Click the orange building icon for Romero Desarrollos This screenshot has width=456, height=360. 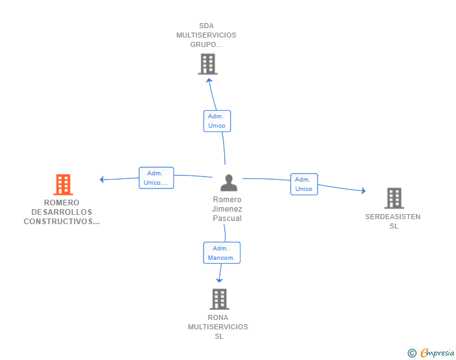[63, 185]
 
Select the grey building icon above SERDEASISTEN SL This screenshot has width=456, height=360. [393, 198]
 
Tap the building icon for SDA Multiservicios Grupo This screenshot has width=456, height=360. [207, 64]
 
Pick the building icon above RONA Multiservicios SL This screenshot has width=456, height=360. [219, 299]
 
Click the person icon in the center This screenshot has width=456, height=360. [229, 183]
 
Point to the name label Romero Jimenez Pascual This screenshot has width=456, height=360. [227, 209]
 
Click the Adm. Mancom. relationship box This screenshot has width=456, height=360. [221, 252]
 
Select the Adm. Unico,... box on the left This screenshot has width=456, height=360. [156, 178]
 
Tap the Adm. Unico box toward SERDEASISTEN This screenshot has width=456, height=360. [303, 184]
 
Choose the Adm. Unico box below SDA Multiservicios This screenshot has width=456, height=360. [217, 121]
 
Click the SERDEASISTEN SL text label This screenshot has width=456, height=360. [393, 222]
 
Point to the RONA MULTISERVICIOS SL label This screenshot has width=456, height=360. [218, 327]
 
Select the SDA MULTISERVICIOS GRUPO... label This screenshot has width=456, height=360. [207, 35]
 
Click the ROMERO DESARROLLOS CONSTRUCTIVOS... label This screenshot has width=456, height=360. [61, 212]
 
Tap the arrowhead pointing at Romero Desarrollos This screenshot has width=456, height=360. [102, 180]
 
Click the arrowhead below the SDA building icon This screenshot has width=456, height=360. [209, 79]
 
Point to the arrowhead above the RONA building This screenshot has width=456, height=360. [219, 281]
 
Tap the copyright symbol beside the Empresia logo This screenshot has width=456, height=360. [412, 353]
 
